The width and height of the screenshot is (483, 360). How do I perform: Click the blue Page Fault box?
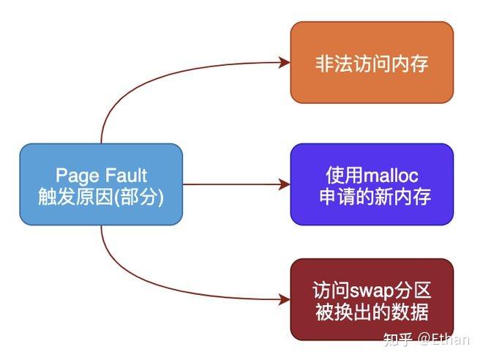pos(100,184)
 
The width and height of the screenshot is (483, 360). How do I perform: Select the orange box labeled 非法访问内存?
pos(372,63)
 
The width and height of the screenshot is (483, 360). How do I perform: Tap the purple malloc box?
pos(372,184)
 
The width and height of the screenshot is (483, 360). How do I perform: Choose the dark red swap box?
pos(372,299)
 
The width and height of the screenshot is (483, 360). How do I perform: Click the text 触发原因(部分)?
pos(100,196)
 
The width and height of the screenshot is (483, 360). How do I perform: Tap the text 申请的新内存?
pos(372,196)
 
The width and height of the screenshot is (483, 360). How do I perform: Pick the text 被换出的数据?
pos(372,312)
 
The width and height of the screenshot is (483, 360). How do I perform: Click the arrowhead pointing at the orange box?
pos(285,63)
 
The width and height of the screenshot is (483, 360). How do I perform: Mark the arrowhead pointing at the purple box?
pos(285,184)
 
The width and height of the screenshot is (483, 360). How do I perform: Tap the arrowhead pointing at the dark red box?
pos(285,299)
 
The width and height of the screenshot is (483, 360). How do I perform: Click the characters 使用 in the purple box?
pos(340,176)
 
